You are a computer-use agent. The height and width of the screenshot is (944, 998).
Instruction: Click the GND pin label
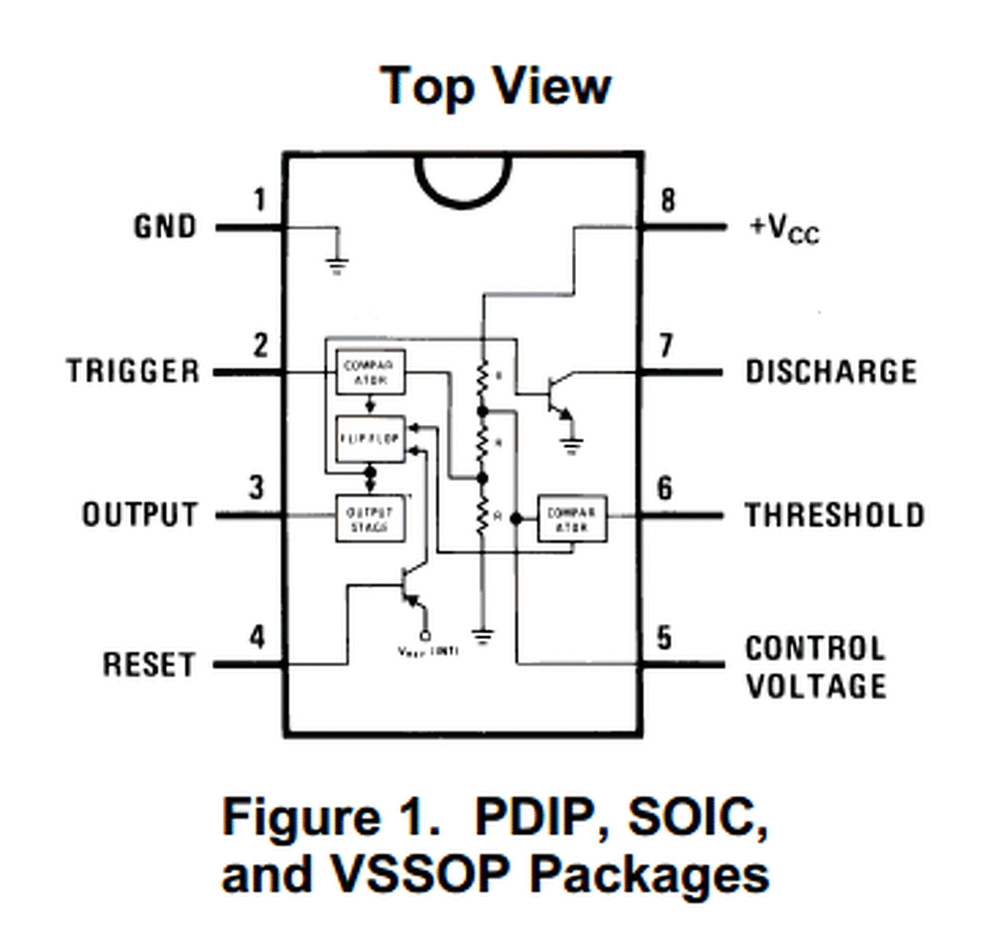[x=165, y=227]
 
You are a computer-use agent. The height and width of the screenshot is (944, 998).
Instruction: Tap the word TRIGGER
[x=133, y=372]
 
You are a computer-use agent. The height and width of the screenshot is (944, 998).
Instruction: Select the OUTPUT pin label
[x=140, y=514]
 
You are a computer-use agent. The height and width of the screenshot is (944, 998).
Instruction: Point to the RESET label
[x=149, y=665]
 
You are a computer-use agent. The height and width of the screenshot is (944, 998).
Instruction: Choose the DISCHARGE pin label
[x=831, y=372]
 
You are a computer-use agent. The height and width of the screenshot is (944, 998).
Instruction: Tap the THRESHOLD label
[x=834, y=514]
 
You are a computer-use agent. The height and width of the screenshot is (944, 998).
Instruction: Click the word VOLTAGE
[x=816, y=686]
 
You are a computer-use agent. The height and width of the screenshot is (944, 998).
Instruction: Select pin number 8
[x=668, y=200]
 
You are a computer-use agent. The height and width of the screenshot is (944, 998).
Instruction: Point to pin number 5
[x=665, y=638]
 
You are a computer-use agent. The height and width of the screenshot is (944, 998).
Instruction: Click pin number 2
[x=261, y=346]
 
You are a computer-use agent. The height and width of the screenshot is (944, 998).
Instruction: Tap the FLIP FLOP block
[x=369, y=439]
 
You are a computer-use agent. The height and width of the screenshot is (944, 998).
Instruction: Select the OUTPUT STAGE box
[x=369, y=518]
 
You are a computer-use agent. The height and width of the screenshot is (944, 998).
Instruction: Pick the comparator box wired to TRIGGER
[x=369, y=372]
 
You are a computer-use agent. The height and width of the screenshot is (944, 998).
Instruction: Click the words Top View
[x=496, y=86]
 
